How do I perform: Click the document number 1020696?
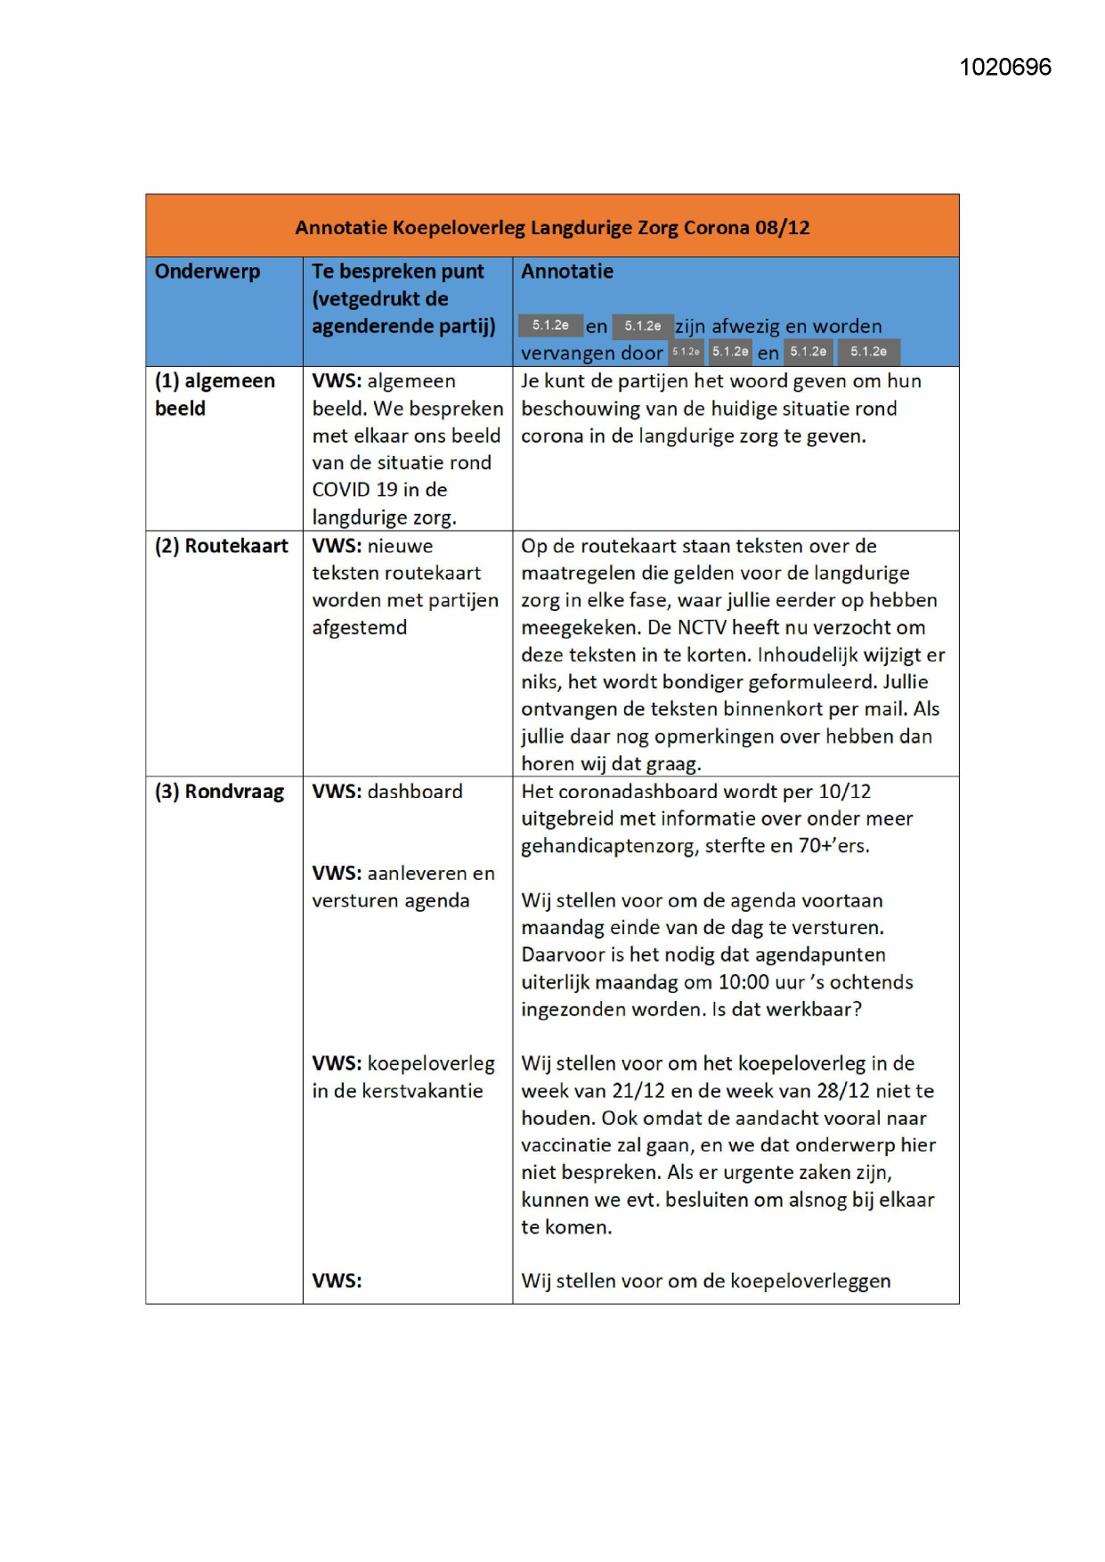[1005, 68]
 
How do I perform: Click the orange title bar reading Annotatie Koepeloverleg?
[552, 227]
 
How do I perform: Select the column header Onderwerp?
[207, 272]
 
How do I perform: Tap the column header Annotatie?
[567, 272]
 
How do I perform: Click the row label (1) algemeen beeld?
[215, 395]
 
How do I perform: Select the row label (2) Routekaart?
[222, 546]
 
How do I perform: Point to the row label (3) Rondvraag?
[219, 792]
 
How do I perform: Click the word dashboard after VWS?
[415, 792]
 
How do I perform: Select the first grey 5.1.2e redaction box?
[550, 326]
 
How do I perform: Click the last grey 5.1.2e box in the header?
[868, 352]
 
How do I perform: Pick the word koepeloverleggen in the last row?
[810, 1281]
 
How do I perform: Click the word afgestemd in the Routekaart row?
[360, 628]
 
